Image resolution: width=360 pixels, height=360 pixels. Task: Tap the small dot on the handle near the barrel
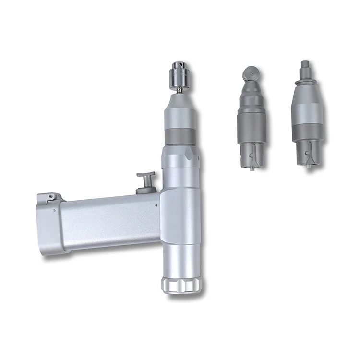coord(156,205)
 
